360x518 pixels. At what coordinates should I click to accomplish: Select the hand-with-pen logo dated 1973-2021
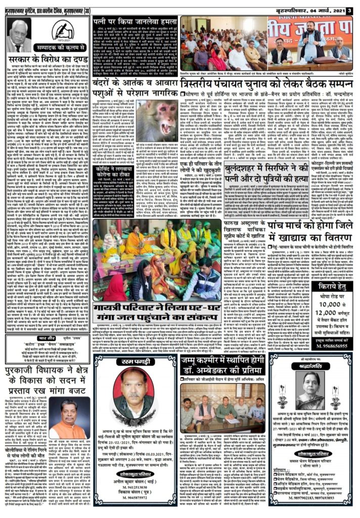63,32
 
